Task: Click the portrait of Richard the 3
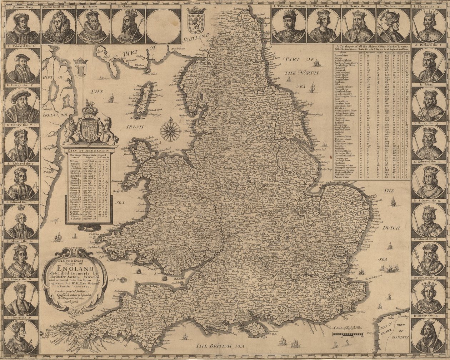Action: (22, 183)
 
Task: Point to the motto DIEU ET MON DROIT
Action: (89, 150)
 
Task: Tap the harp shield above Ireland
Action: (80, 68)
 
